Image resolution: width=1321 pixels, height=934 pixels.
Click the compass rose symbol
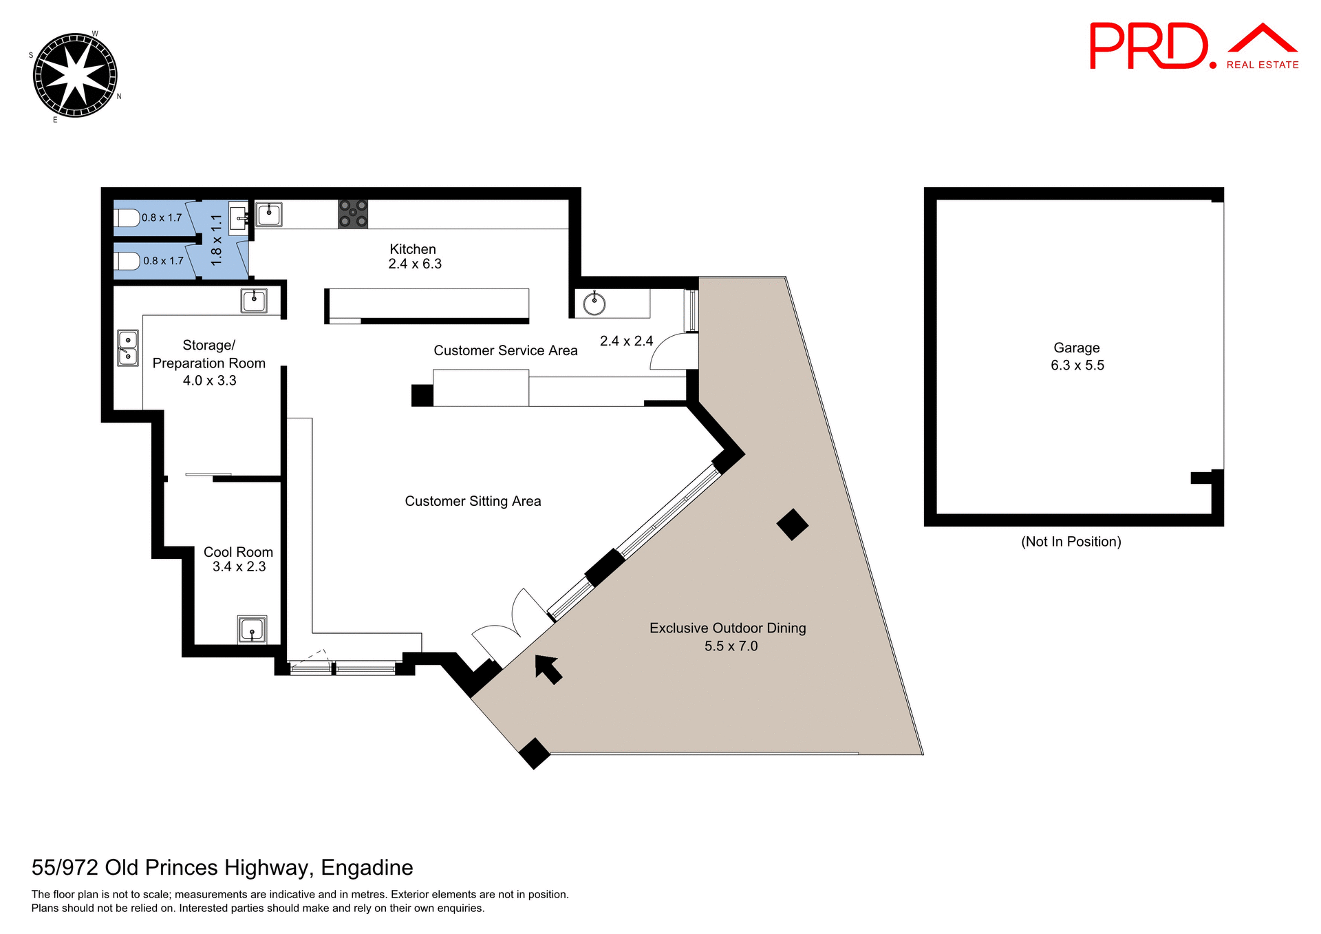click(x=75, y=75)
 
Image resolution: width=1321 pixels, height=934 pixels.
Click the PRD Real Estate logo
click(x=1193, y=47)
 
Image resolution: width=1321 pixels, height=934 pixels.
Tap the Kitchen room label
click(x=413, y=256)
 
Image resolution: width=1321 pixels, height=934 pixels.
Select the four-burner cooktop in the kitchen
click(x=353, y=214)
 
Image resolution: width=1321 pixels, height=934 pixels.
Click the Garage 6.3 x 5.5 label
click(x=1077, y=357)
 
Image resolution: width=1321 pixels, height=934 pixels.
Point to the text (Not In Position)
click(x=1071, y=542)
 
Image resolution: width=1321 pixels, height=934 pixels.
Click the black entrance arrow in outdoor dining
click(x=548, y=669)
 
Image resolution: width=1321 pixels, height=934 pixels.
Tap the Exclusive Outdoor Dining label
click(x=728, y=636)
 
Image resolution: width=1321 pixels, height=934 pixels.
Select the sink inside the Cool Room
click(x=252, y=629)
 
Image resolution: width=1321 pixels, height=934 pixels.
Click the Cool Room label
click(x=238, y=559)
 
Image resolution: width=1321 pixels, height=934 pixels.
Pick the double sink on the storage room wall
click(x=128, y=348)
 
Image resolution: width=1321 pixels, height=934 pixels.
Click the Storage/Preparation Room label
click(x=209, y=363)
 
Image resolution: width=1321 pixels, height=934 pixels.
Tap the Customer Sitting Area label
click(x=473, y=501)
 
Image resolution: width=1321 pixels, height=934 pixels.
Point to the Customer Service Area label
click(x=505, y=350)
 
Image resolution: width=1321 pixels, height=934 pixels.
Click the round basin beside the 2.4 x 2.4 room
click(x=594, y=303)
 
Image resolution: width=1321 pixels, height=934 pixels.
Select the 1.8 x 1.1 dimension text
click(x=217, y=240)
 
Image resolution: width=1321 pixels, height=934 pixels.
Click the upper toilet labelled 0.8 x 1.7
click(x=127, y=218)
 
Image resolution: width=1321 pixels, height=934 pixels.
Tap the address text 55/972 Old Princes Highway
click(x=222, y=867)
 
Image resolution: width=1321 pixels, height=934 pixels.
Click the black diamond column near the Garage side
click(x=793, y=524)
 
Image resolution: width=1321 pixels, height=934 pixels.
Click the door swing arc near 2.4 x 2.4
click(x=667, y=352)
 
